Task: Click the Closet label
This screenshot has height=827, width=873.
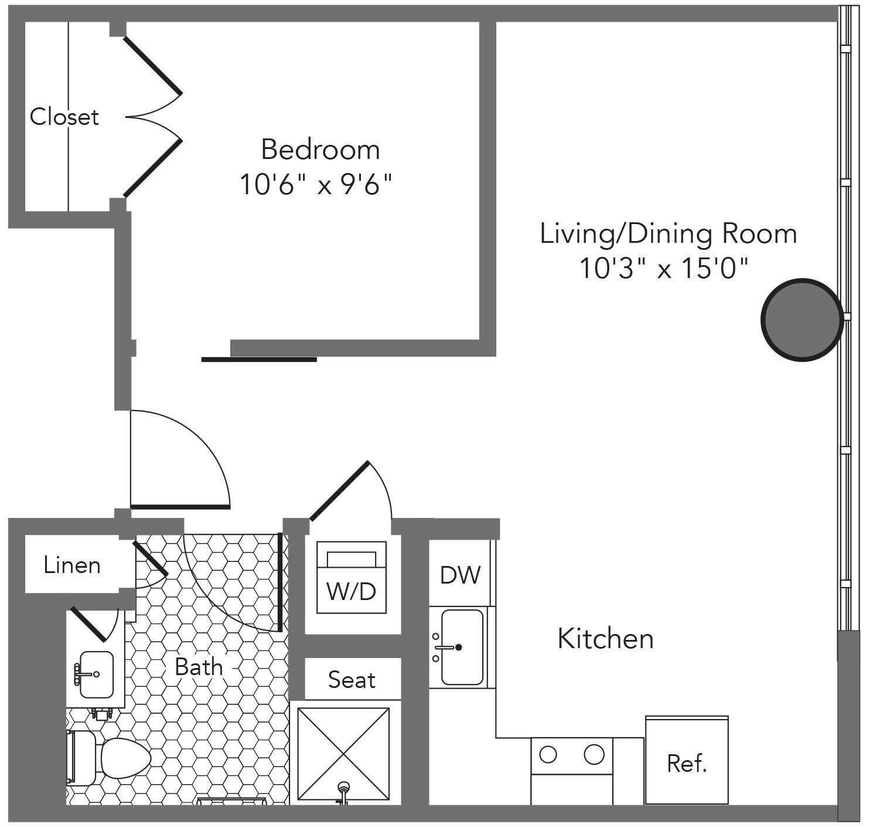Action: tap(64, 117)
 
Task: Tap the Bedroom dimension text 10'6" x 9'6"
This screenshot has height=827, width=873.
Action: tap(316, 185)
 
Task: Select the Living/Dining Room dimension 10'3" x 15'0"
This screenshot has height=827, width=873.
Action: tap(664, 268)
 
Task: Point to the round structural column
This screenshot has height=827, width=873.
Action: tap(802, 320)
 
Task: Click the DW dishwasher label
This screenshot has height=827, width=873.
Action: tap(460, 575)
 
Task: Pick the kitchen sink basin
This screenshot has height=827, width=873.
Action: tap(462, 647)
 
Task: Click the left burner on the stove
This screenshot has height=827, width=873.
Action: tap(548, 754)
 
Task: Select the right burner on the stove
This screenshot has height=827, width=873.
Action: tap(594, 754)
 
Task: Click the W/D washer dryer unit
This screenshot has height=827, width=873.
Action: tap(351, 578)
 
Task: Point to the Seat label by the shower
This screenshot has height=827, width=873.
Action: tap(352, 680)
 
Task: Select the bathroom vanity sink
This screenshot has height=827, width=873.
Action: tap(96, 675)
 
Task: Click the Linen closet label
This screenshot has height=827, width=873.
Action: tap(72, 565)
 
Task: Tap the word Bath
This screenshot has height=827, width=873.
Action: tap(199, 667)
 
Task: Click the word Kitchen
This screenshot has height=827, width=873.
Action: tap(605, 639)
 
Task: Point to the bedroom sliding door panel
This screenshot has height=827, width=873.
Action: tap(259, 360)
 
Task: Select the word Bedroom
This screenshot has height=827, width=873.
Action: tap(320, 150)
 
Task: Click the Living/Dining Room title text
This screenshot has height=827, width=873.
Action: tap(669, 234)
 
